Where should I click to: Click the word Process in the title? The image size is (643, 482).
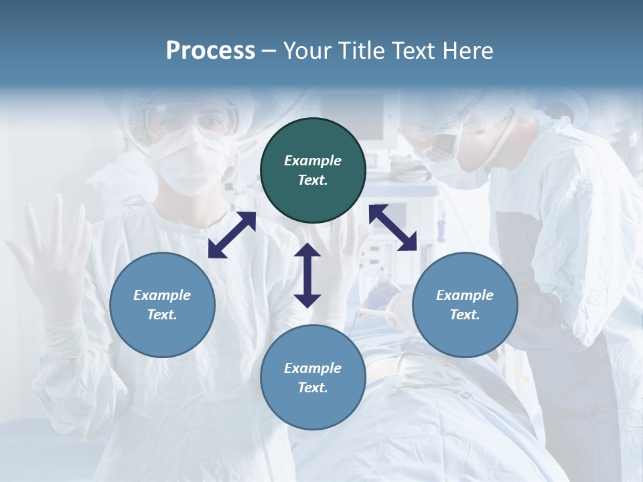[x=210, y=51]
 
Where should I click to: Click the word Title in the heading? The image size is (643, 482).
[x=363, y=51]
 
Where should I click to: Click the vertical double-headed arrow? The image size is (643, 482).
[x=307, y=275]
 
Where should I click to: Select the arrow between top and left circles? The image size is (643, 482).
[x=232, y=235]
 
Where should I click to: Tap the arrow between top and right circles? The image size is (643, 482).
[x=392, y=228]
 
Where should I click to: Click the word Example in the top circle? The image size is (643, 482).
[x=313, y=161]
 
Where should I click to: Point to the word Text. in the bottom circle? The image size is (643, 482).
[x=313, y=388]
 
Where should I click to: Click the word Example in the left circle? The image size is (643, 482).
[x=162, y=295]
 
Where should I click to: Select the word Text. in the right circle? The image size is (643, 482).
[x=465, y=315]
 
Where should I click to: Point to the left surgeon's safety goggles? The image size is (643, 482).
[x=191, y=120]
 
